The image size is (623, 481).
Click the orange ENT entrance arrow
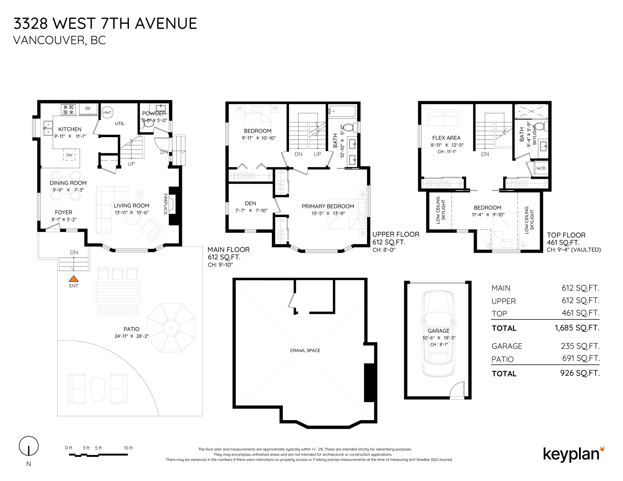pyautogui.click(x=74, y=279)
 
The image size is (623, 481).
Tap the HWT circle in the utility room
pyautogui.click(x=107, y=113)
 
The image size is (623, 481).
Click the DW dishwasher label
pyautogui.click(x=69, y=155)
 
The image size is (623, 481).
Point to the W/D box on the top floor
pyautogui.click(x=541, y=168)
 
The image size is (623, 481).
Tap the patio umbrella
pyautogui.click(x=171, y=328)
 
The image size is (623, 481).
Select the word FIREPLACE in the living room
pyautogui.click(x=165, y=204)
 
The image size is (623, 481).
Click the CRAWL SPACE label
pyautogui.click(x=305, y=351)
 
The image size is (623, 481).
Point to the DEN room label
pyautogui.click(x=250, y=203)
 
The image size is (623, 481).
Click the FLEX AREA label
pyautogui.click(x=446, y=138)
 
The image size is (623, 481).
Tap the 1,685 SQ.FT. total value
pyautogui.click(x=577, y=328)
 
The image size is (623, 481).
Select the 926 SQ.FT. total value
pyautogui.click(x=580, y=373)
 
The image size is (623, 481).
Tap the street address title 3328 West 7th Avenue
pyautogui.click(x=105, y=23)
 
